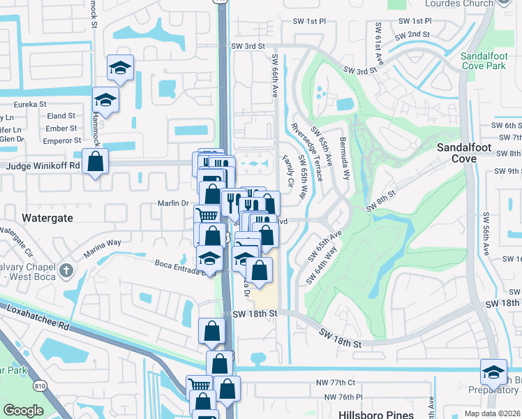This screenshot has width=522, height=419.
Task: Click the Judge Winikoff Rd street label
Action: [x=43, y=166]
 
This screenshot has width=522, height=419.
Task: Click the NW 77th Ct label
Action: [x=335, y=383]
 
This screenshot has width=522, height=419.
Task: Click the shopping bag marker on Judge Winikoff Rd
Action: [x=96, y=161]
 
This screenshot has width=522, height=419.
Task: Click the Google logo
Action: [x=24, y=410]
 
